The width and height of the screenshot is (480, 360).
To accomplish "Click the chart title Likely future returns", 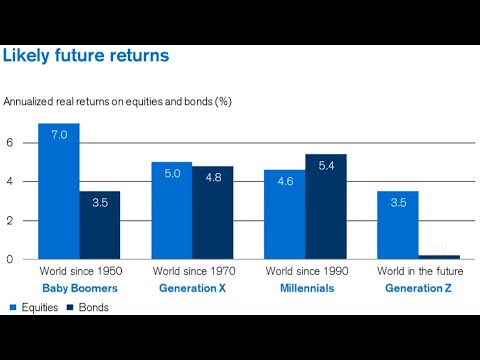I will pyautogui.click(x=86, y=56).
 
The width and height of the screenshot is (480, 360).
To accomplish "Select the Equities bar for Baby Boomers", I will pyautogui.click(x=58, y=191).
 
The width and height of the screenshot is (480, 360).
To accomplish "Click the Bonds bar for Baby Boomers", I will pyautogui.click(x=100, y=225).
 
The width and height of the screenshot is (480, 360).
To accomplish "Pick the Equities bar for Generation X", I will pyautogui.click(x=171, y=210).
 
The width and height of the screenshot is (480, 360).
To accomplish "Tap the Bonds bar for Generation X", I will pyautogui.click(x=213, y=212).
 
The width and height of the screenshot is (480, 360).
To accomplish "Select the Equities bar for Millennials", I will pyautogui.click(x=284, y=214).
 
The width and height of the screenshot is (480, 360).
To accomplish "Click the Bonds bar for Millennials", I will pyautogui.click(x=326, y=206).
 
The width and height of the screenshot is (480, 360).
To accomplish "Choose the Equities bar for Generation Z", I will pyautogui.click(x=397, y=225).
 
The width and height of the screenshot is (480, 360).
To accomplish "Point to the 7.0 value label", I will pyautogui.click(x=58, y=134).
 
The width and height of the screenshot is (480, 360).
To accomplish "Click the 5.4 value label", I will pyautogui.click(x=326, y=165).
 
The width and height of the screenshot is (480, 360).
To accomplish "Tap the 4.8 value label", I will pyautogui.click(x=213, y=177).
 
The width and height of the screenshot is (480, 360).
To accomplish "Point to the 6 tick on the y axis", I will pyautogui.click(x=9, y=143).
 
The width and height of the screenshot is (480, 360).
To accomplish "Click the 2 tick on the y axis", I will pyautogui.click(x=9, y=221).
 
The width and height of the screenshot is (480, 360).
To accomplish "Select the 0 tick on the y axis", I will pyautogui.click(x=9, y=259).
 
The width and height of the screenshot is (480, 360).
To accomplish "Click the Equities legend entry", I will pyautogui.click(x=32, y=307).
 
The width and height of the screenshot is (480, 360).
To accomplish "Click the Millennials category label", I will pyautogui.click(x=305, y=288).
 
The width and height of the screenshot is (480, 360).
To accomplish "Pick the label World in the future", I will pyautogui.click(x=418, y=271).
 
